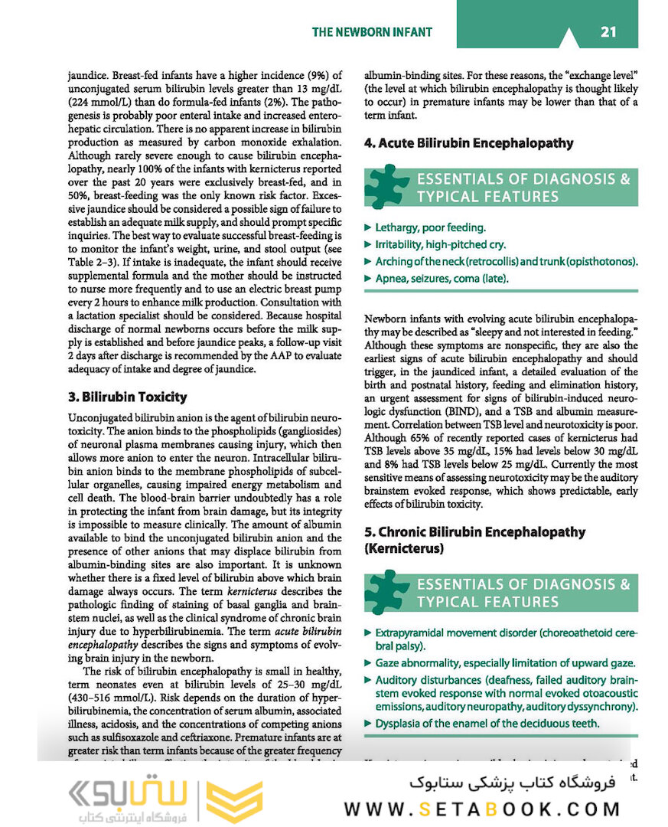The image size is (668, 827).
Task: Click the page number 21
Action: pos(608,31)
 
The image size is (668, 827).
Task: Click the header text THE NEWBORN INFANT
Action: pos(372,32)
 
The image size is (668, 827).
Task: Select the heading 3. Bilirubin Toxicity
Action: pos(127,397)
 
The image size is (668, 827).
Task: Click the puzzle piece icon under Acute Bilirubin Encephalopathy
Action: pos(386,187)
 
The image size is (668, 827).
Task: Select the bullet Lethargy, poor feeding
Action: pos(430,227)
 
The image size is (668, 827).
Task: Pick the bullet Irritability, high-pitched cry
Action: pos(440,244)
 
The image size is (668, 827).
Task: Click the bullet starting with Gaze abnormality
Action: pos(504,663)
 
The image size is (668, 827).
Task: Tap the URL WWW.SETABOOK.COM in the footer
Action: pos(482,809)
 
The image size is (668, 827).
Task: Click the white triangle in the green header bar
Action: pos(568,38)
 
